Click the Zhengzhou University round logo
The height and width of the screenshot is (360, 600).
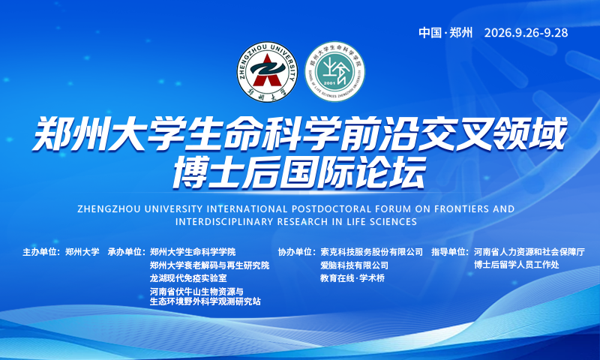pos(267,72)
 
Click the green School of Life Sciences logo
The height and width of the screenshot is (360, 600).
pos(334,72)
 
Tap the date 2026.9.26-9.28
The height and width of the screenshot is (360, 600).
pos(526,32)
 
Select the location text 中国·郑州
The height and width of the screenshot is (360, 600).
pos(445,32)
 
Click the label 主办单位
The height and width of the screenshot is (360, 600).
pos(40,252)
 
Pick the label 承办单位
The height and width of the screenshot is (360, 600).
pos(124,252)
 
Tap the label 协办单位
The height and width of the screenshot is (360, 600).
pos(295,252)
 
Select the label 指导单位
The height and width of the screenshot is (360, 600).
pos(448,252)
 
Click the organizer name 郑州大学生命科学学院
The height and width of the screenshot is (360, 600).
pos(193,252)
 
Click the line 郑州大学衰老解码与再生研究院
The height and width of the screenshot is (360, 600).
pos(209,265)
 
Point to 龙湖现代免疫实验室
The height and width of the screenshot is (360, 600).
pos(188,278)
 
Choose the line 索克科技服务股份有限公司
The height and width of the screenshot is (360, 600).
pos(371,252)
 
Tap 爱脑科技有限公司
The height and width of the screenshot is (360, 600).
pos(354,265)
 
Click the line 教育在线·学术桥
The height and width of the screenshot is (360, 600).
pos(352,278)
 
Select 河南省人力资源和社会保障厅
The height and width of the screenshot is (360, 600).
pos(529,252)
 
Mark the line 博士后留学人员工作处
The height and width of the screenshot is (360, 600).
pos(516,264)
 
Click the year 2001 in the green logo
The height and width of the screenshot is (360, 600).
pos(330,82)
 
